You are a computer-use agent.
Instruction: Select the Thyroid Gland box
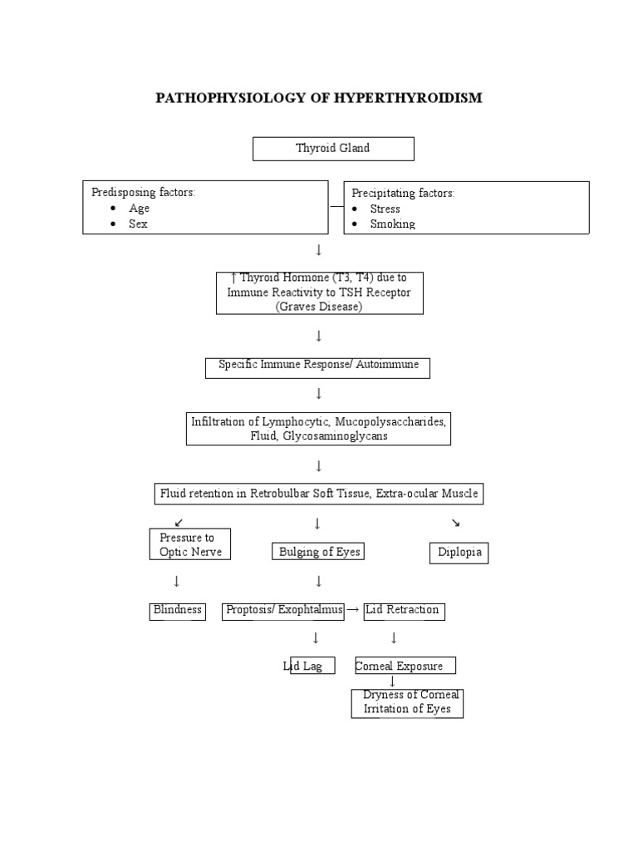(333, 149)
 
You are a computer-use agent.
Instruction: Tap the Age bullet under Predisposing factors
(139, 209)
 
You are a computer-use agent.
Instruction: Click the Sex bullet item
(138, 224)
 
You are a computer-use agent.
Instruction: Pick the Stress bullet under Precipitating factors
(385, 209)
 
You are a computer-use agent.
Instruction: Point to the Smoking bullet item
(392, 224)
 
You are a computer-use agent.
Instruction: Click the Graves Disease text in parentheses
(319, 307)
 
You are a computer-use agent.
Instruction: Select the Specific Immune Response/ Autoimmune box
(317, 365)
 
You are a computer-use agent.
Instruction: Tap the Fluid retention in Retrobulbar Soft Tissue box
(318, 494)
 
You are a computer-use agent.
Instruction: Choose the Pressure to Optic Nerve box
(190, 545)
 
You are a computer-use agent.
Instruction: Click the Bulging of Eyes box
(318, 552)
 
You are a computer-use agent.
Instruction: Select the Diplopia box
(459, 553)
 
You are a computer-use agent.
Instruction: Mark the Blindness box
(178, 610)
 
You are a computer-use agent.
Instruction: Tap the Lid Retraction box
(403, 610)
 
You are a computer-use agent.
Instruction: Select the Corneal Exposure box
(405, 666)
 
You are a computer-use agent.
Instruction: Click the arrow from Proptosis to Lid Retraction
(352, 610)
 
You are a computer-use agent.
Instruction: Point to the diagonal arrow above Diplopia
(455, 523)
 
